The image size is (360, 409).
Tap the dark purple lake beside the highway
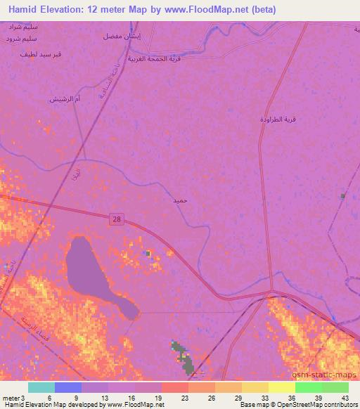click(91, 271)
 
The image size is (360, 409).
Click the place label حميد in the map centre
click(180, 201)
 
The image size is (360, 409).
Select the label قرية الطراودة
click(280, 119)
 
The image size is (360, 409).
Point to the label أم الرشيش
click(64, 98)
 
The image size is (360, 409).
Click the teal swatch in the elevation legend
click(41, 387)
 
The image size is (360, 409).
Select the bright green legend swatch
click(309, 387)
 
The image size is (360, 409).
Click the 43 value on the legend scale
click(344, 397)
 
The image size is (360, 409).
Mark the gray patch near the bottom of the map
click(184, 356)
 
